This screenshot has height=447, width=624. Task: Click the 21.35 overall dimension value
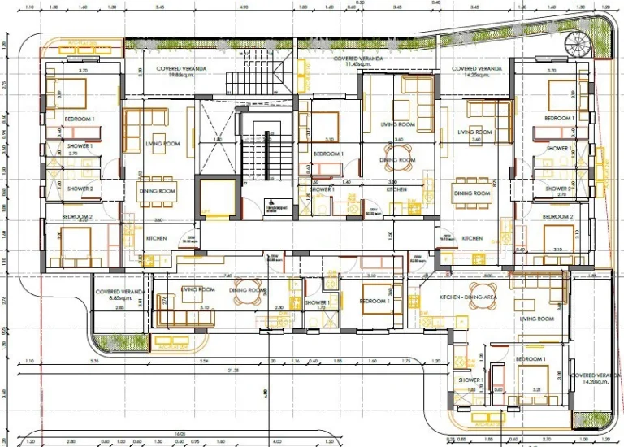pos(234,371)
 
